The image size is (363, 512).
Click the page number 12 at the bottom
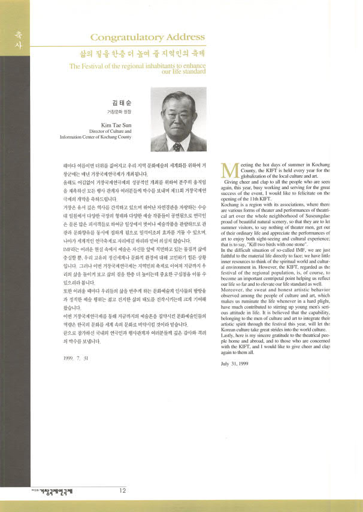pyautogui.click(x=122, y=491)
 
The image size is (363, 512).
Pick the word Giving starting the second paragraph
pyautogui.click(x=234, y=197)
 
